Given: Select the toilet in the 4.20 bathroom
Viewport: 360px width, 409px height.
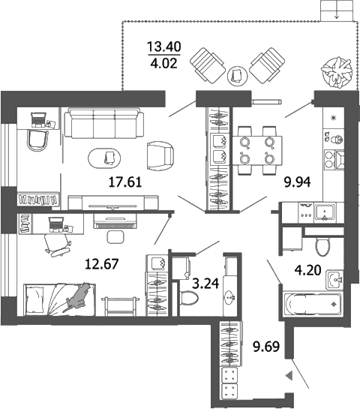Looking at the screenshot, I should (x=323, y=245).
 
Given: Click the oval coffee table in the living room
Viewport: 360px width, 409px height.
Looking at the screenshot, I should (x=108, y=157).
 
